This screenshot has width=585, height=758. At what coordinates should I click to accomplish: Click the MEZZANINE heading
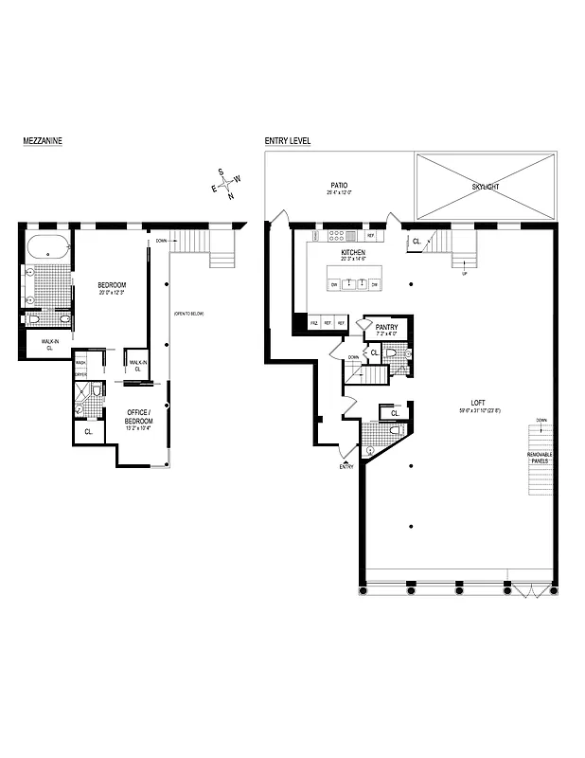pos(43,141)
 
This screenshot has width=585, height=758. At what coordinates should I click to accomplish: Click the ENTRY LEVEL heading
pos(288,141)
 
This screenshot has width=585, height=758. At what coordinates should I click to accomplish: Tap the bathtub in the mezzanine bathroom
pos(47,249)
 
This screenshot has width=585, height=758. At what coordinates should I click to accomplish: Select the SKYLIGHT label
pos(485,187)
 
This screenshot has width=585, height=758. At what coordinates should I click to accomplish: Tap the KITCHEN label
pos(353,253)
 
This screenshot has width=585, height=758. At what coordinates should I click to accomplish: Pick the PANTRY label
pos(387,327)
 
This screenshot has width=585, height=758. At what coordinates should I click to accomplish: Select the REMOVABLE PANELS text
pos(540,459)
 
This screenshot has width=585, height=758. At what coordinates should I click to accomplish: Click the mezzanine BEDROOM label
pos(112,285)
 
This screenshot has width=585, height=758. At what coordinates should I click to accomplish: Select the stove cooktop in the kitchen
pos(351,236)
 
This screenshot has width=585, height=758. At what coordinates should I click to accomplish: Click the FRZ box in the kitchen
pos(314,323)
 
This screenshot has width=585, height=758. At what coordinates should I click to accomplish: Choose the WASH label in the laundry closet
pos(81,362)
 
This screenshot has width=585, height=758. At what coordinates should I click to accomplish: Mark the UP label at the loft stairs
pos(464,274)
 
